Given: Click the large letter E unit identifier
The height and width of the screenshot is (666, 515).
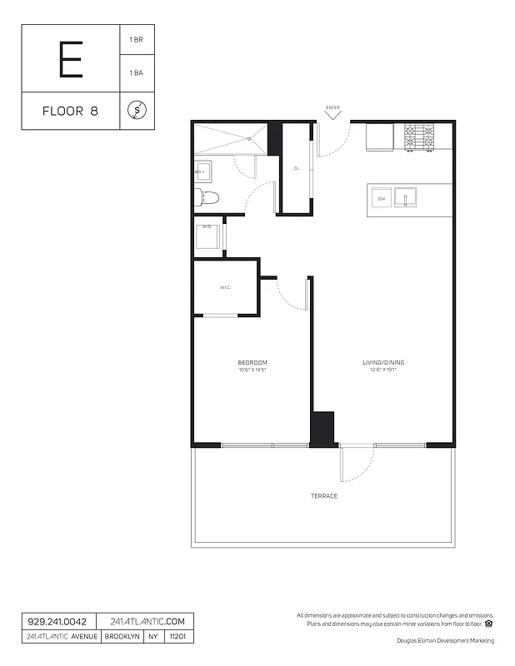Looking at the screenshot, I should coord(71,58).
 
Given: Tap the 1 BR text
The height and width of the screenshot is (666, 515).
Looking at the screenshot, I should coord(136,39).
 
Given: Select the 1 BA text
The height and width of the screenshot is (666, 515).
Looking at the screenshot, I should coord(136,73).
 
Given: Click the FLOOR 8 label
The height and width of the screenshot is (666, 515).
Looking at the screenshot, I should coord(70,111).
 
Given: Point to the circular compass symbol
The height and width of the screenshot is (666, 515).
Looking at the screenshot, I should coord(137,110).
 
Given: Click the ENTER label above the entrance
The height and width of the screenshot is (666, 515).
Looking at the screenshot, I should coord(333,107).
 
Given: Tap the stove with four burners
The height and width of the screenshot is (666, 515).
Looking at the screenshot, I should coord(419,137).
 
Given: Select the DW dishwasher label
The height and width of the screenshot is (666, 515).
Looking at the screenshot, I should coord(382,199).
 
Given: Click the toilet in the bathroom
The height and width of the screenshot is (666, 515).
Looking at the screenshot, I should coord(206,197).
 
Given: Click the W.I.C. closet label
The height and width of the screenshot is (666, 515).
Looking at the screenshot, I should coord(225,288).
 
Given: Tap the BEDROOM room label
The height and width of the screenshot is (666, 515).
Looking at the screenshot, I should coord(252,362).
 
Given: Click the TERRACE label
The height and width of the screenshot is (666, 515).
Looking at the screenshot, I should coord(324,496).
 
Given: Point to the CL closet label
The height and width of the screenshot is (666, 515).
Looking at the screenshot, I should coord(296,168).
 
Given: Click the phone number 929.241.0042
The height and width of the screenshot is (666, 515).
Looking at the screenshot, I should coord(57,621).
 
